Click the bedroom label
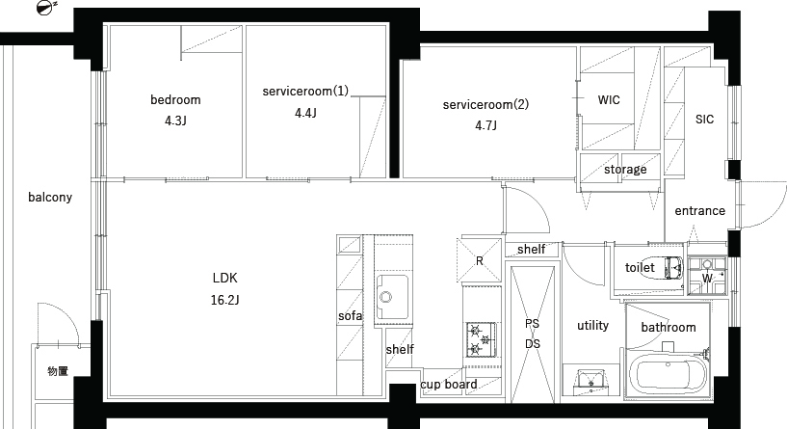click(175, 99)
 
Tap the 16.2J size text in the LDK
click(224, 300)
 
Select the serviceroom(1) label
click(305, 91)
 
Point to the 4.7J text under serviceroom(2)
click(485, 125)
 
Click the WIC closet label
click(609, 99)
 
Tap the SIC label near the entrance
click(705, 119)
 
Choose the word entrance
click(700, 210)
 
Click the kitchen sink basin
click(392, 297)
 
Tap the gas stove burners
click(481, 339)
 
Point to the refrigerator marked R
click(480, 260)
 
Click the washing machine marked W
click(707, 276)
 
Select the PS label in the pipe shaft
click(532, 324)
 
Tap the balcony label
click(50, 197)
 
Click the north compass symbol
click(46, 7)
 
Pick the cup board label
click(449, 385)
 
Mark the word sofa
click(350, 315)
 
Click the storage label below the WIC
click(625, 170)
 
